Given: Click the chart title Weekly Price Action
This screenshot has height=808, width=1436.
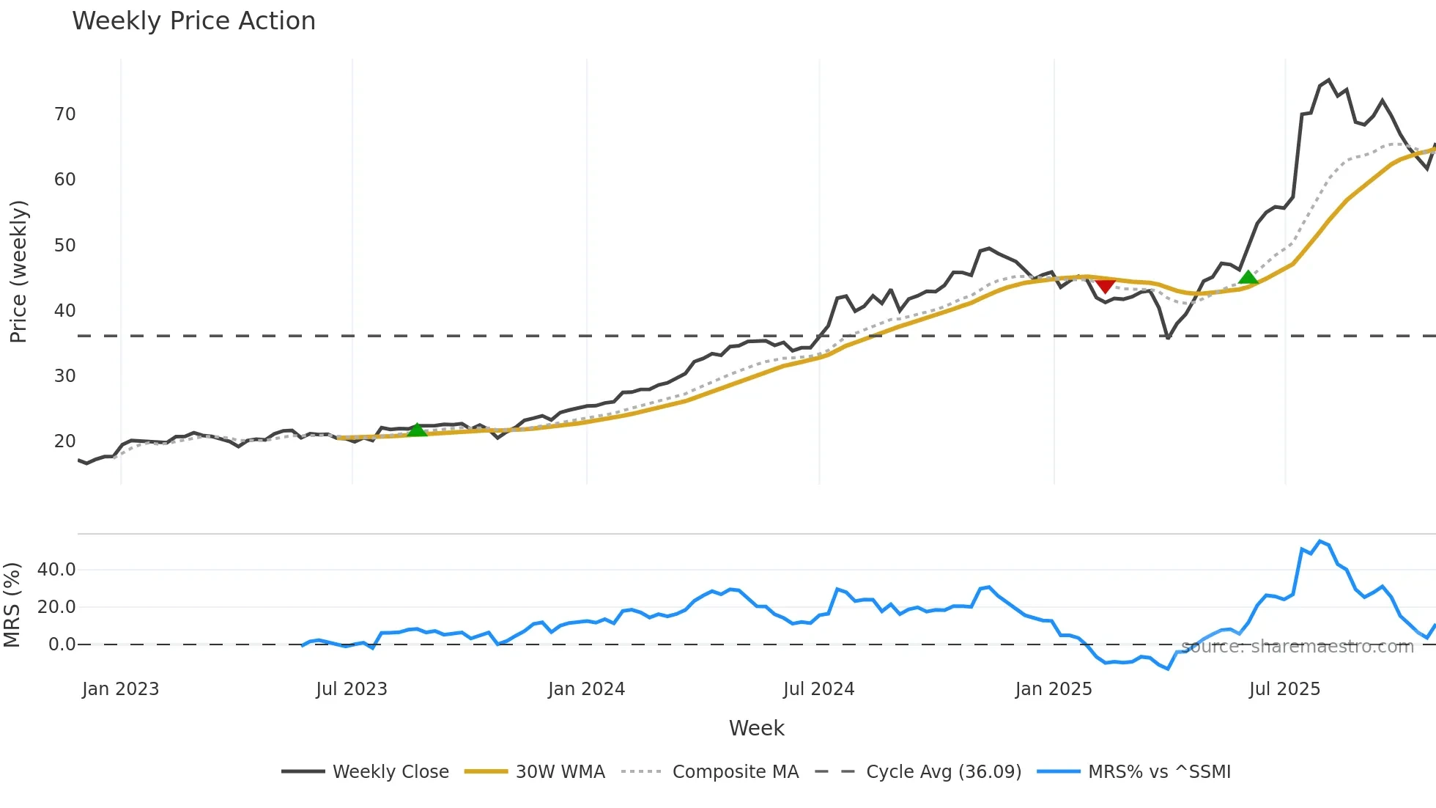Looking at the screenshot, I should click(193, 21).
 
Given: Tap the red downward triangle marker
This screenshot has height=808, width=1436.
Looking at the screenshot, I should click(1106, 285).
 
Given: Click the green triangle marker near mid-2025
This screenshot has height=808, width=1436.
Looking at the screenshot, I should click(1248, 277).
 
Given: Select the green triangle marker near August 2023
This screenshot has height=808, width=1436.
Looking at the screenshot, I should click(417, 430).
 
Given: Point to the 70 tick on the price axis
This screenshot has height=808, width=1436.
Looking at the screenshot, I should click(65, 114).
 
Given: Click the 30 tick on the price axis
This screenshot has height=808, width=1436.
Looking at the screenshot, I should click(65, 376).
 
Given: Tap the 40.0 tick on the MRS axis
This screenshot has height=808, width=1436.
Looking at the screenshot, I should click(56, 570).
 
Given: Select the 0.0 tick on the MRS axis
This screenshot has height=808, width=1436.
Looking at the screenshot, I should click(62, 644).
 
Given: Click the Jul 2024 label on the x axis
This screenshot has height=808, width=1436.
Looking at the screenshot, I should click(818, 689).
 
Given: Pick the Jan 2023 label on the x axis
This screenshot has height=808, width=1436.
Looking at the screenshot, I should click(120, 689).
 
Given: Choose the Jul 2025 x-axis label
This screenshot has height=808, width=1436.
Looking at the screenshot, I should click(1284, 689).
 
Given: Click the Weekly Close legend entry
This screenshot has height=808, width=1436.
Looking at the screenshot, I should click(390, 772).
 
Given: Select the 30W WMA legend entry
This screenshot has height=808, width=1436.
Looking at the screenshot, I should click(560, 772).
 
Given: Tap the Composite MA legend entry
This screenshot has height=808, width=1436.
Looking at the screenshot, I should click(735, 772).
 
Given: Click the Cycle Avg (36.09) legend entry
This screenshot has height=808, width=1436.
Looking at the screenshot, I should click(943, 772).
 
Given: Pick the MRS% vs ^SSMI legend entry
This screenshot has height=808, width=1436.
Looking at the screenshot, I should click(1158, 772).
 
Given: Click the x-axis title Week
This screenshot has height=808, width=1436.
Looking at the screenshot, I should click(756, 728).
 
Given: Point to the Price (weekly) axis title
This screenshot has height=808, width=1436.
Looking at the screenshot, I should click(18, 271).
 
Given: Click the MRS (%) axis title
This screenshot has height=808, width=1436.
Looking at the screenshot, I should click(12, 605).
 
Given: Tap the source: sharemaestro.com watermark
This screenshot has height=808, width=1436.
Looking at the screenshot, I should click(1297, 647).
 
